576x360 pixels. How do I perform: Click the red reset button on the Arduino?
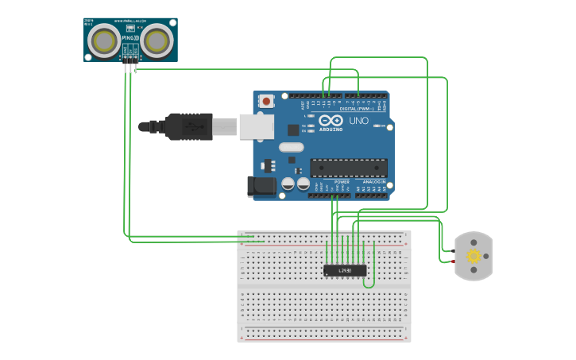coord(266,101)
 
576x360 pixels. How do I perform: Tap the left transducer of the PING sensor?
coord(104,41)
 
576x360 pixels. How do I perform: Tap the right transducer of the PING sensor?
coord(157,41)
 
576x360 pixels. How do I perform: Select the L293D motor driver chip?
coord(346,270)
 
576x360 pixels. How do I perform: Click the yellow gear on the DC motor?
coord(474,256)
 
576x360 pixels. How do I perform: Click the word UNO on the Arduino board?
coord(359,122)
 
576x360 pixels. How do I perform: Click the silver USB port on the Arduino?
coord(257,126)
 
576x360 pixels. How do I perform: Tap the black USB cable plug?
coord(187,126)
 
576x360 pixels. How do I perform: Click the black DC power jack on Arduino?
coord(261,186)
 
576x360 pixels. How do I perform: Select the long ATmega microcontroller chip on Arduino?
coord(348,168)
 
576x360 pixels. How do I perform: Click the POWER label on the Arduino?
coord(342,182)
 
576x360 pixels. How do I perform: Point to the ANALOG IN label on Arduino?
coord(374,182)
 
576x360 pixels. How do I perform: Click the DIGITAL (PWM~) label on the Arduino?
coord(361,109)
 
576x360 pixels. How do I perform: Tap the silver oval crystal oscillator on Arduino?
coord(292,146)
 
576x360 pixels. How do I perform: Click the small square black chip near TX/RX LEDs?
coord(293,130)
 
